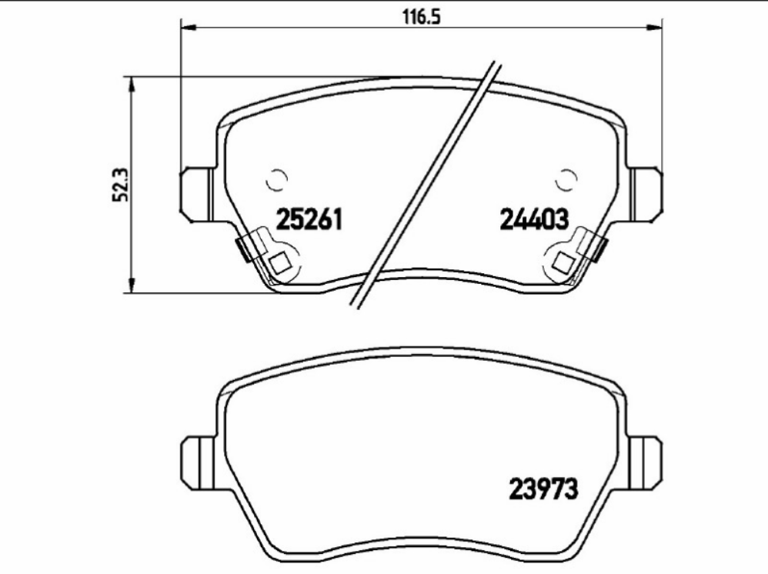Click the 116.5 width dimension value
coord(422,17)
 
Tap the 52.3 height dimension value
coord(121,185)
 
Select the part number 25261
coord(309,219)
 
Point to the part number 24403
coord(534,219)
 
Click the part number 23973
coord(543,489)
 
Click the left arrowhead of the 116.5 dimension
coord(189,28)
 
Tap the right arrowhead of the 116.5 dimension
coord(654,28)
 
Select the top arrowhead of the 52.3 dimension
coord(131,84)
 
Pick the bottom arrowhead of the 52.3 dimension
coord(131,285)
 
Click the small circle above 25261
coord(277,180)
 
